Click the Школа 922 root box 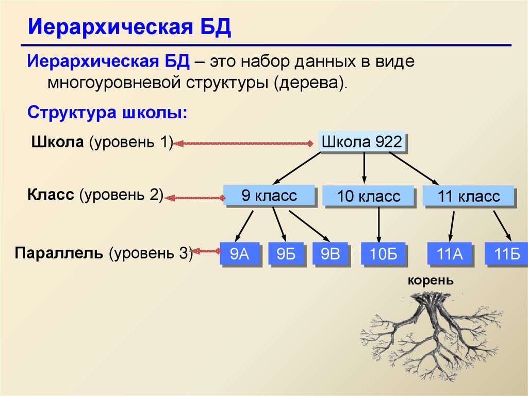click(361, 142)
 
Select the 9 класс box click(269, 196)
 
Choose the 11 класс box click(468, 197)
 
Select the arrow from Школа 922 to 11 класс click(412, 168)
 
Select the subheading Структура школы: click(107, 113)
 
